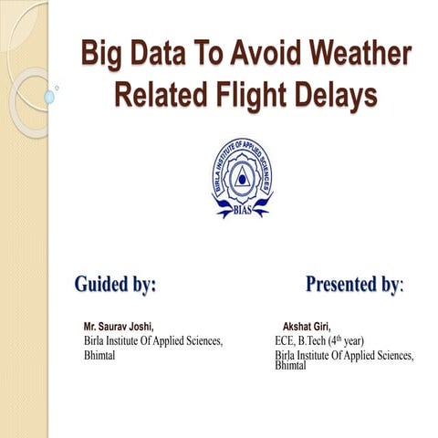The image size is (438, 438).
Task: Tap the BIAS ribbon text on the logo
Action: point(242,208)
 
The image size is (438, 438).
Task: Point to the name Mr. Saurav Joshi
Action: point(119,326)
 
